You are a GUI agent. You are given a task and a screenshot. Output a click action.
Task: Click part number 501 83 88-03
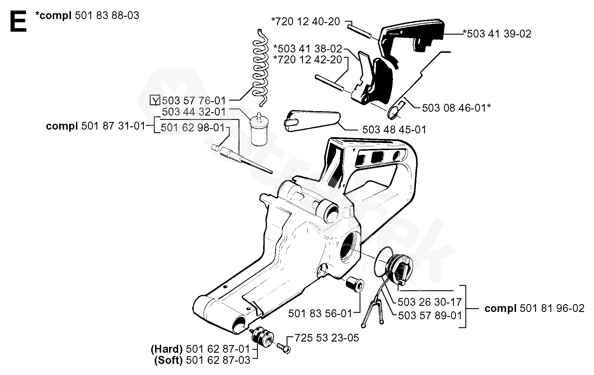pos(107,15)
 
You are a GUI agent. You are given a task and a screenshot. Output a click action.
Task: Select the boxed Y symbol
pos(154,101)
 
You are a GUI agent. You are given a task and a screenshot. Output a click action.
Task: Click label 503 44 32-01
pos(194,112)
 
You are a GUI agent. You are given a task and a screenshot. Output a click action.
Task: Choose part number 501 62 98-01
pos(193,128)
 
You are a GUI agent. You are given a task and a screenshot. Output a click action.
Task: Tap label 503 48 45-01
pos(394,130)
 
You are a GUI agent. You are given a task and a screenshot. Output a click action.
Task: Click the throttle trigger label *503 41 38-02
pos(308,48)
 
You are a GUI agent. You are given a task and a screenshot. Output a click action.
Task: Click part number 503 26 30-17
pos(430,302)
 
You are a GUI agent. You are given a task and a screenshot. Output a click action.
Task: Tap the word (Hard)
pos(166,349)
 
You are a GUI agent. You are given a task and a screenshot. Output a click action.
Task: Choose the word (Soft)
pos(168,360)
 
